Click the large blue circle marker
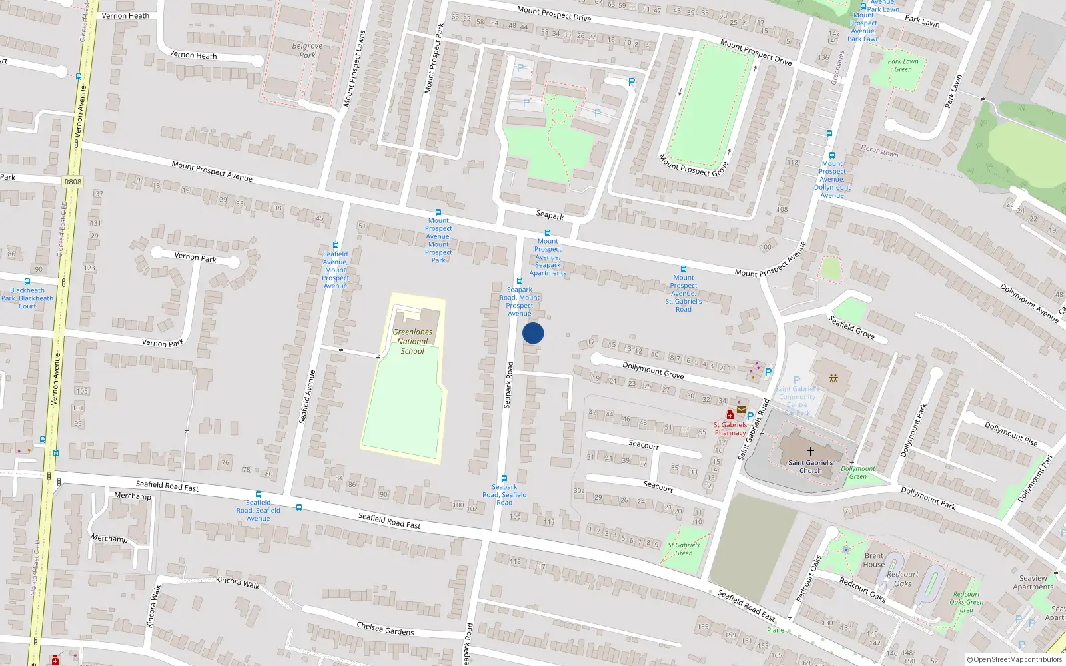tap(533, 333)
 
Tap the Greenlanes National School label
tap(412, 341)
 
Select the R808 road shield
tap(73, 182)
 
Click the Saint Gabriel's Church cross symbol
tap(810, 451)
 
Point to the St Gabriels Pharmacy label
tap(730, 428)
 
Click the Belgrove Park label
tap(307, 51)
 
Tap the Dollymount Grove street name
tap(653, 370)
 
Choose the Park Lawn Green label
tap(903, 65)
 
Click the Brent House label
tap(874, 560)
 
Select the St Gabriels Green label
tap(684, 549)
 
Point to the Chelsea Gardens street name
tap(385, 628)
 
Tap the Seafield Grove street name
tap(851, 327)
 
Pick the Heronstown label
tap(879, 151)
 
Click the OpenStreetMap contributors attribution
tap(1015, 659)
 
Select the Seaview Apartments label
tap(1033, 583)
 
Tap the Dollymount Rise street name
tap(1011, 434)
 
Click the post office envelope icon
tap(742, 410)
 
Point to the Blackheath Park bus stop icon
tap(27, 282)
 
